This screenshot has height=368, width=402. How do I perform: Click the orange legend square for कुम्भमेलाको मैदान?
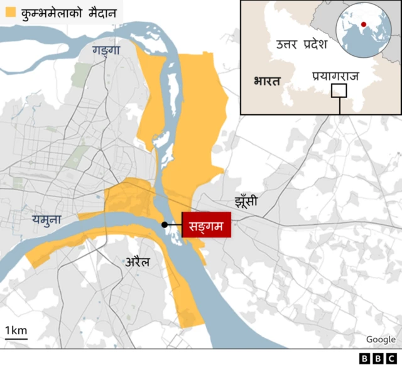tap(10, 12)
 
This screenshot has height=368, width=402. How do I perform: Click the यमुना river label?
tap(46, 219)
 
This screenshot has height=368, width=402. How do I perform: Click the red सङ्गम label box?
tap(206, 225)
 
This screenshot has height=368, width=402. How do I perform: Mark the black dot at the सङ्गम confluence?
tap(165, 224)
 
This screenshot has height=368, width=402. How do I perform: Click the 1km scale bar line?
tap(16, 339)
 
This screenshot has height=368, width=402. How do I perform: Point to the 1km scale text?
tap(16, 330)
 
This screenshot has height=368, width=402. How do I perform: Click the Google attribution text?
tap(381, 339)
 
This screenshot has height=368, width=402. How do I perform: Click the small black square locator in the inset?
tap(339, 91)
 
